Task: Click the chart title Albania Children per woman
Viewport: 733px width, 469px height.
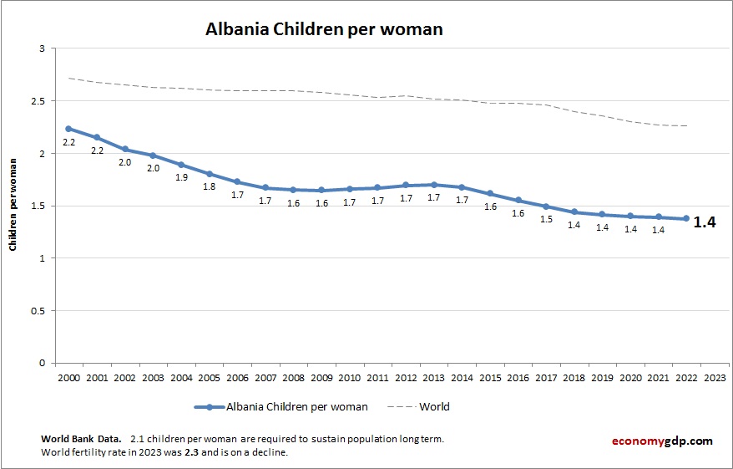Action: click(x=324, y=29)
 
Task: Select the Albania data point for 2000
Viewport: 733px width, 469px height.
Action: click(x=68, y=129)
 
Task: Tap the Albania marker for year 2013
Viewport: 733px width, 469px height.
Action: click(x=434, y=185)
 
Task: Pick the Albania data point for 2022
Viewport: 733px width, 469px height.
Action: click(x=686, y=219)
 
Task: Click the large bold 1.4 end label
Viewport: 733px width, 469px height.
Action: click(x=705, y=223)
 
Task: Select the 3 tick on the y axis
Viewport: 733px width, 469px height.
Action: click(x=41, y=49)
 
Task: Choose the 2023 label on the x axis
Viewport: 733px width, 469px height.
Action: click(x=715, y=377)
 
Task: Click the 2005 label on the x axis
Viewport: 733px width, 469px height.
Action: click(x=209, y=377)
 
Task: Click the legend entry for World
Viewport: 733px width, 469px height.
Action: click(x=434, y=407)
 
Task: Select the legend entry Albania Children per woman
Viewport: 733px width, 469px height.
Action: click(x=296, y=407)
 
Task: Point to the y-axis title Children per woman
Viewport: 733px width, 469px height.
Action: click(x=14, y=206)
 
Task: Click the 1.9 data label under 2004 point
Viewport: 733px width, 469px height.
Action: click(x=181, y=177)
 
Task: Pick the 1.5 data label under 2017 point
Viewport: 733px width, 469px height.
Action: click(x=546, y=219)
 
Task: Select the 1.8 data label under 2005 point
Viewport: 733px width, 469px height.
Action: click(x=209, y=186)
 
